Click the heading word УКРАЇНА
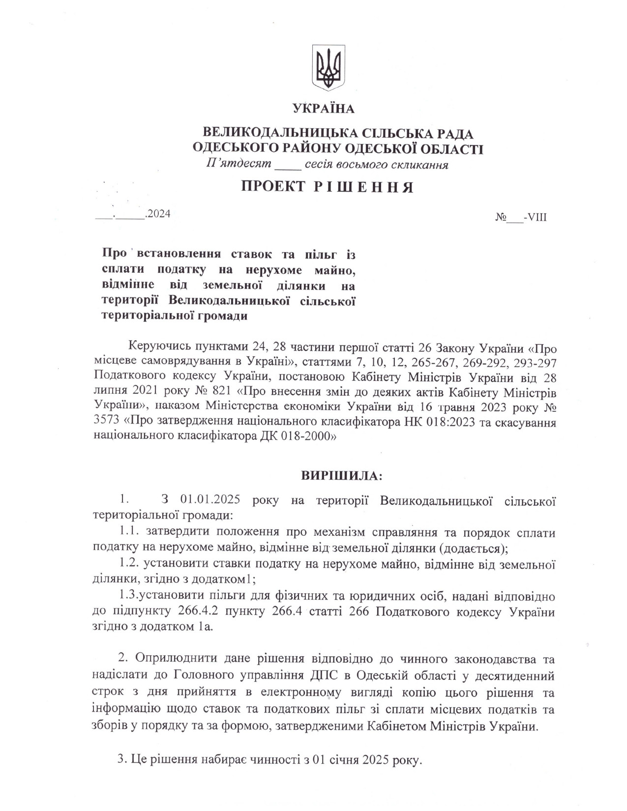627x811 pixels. (x=323, y=109)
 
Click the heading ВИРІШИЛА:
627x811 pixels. (x=341, y=476)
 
